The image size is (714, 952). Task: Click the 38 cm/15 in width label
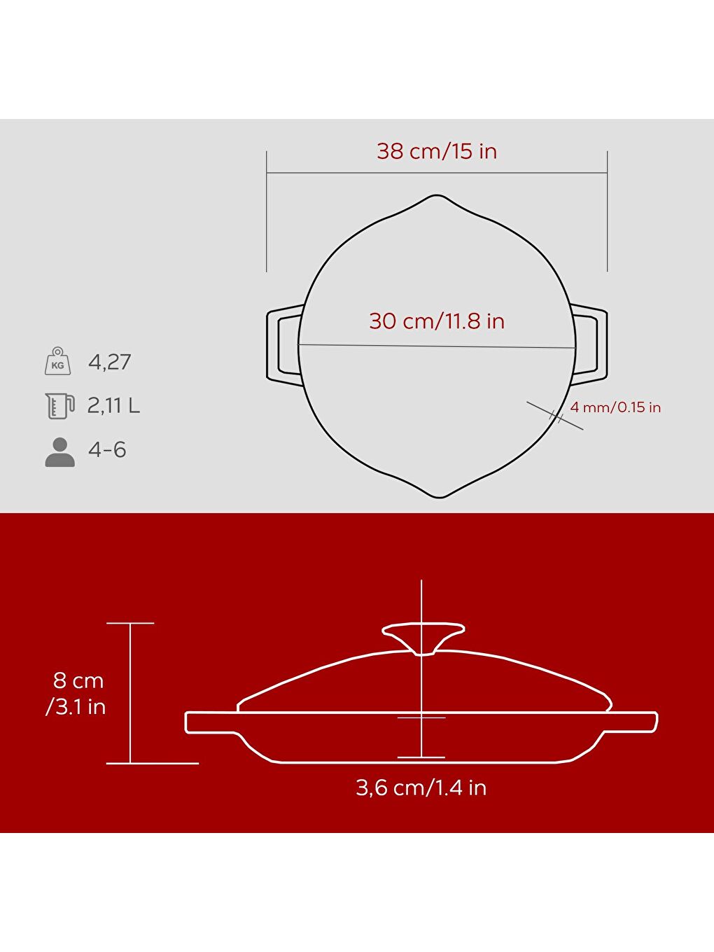tap(437, 151)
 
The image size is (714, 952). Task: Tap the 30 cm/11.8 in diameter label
tap(437, 321)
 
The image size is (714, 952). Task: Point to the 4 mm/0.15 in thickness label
tap(615, 407)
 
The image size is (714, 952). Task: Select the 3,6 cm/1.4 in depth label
tap(421, 787)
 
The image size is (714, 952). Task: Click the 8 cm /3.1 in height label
tap(76, 693)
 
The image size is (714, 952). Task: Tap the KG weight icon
tap(57, 361)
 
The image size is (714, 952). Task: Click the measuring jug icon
tap(59, 405)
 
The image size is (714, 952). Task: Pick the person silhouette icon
tap(59, 452)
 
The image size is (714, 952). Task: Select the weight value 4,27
tap(110, 362)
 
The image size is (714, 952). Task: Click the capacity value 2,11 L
tap(113, 405)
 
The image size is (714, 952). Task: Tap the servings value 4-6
tap(107, 449)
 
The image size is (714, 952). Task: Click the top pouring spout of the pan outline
tap(437, 199)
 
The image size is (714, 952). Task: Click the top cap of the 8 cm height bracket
tap(130, 623)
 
